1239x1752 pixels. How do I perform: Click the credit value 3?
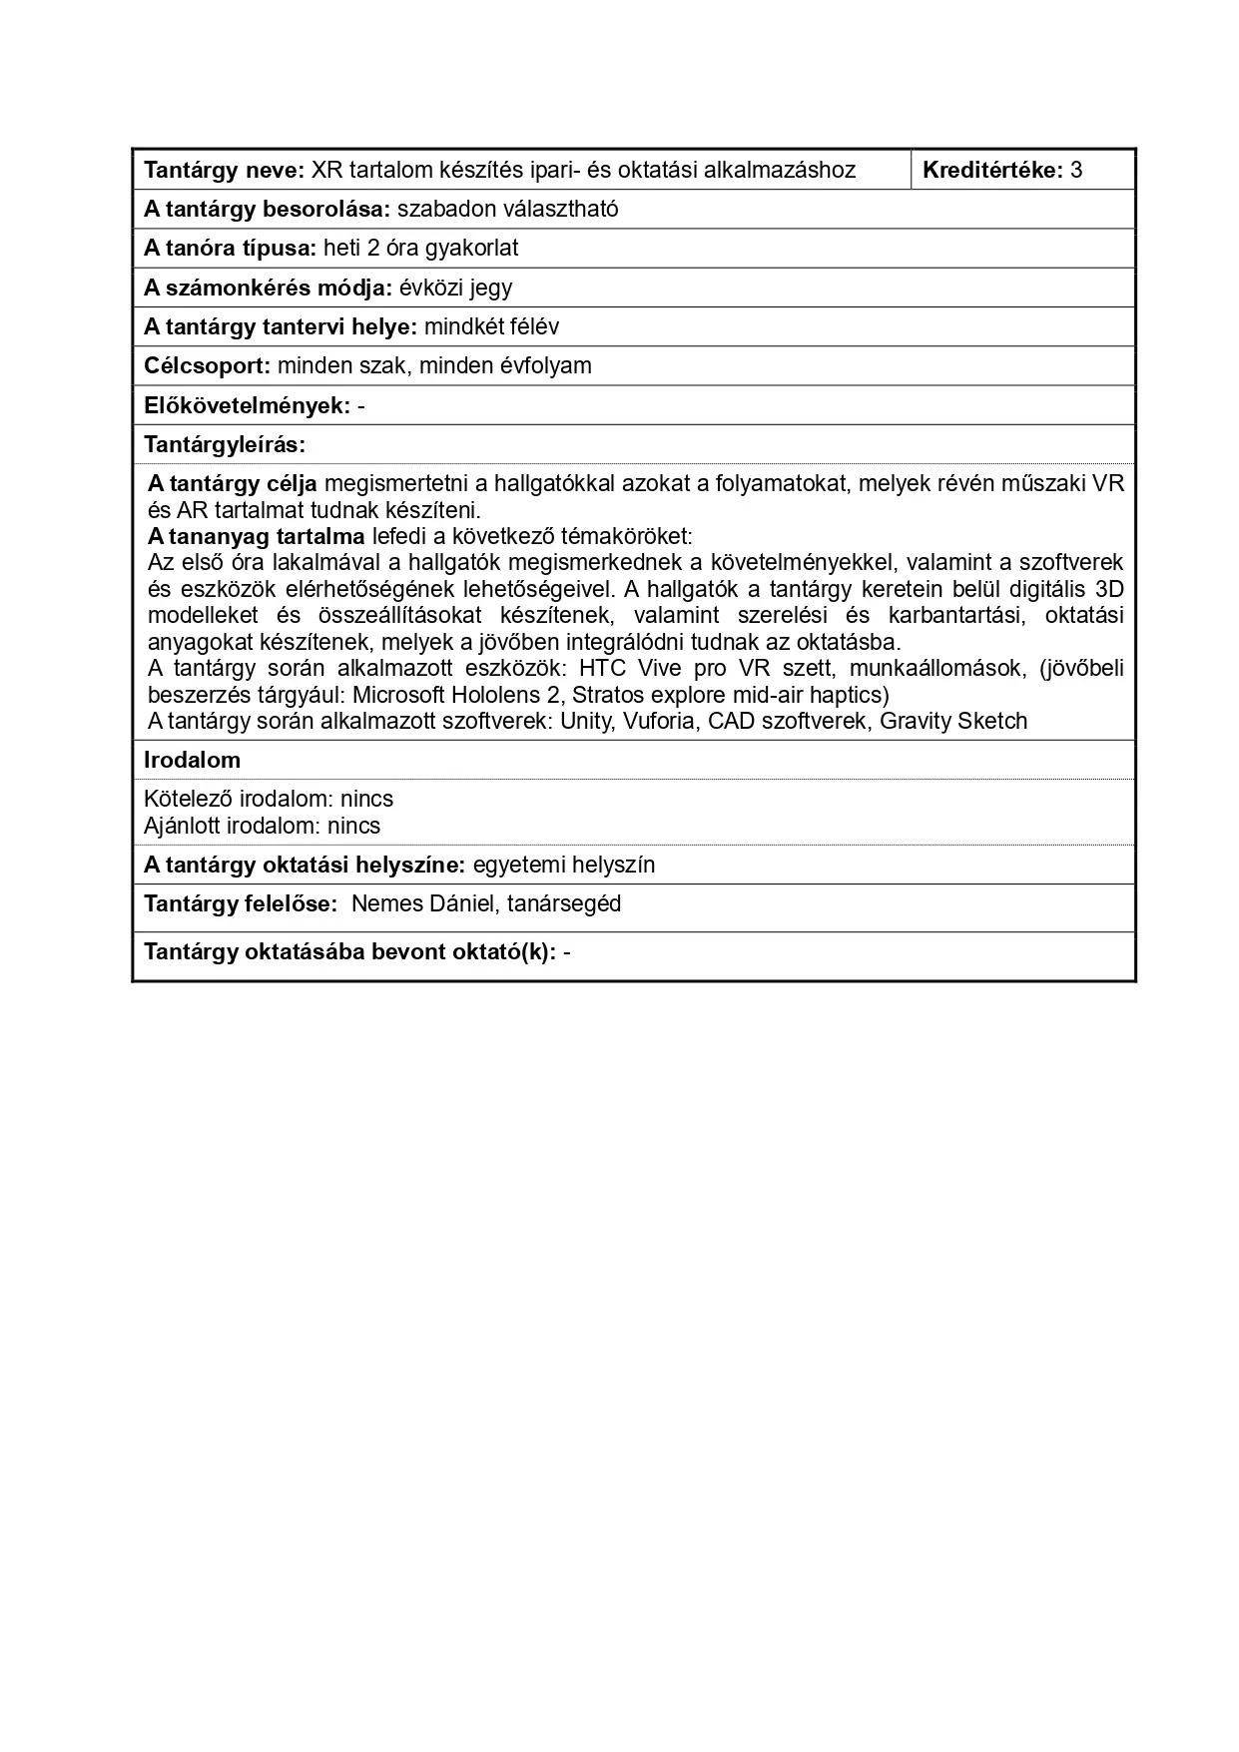pos(1075,170)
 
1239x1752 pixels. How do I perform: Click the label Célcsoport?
pos(207,366)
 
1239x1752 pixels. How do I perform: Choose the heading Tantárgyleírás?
pos(224,444)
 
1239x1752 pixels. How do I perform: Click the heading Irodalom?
pos(192,761)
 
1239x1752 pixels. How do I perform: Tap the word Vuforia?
pos(659,722)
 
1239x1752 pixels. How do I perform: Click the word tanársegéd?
pos(564,904)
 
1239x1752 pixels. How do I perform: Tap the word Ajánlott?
pos(182,827)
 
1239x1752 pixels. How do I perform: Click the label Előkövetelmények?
pos(247,406)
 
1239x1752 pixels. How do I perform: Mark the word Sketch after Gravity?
pos(992,722)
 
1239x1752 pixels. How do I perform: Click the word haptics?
pos(849,695)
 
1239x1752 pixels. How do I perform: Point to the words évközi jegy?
pos(455,289)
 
